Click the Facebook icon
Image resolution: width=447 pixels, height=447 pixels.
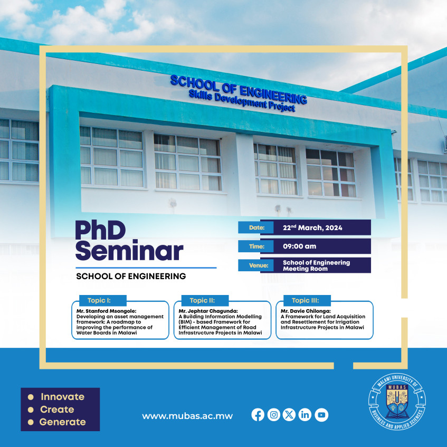point(258,415)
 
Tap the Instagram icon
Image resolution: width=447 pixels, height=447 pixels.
point(273,415)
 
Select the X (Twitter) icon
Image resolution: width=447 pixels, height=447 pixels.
point(289,415)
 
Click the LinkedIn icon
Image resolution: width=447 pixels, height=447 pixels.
point(305,415)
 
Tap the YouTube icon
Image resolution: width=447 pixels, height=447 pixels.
point(321,415)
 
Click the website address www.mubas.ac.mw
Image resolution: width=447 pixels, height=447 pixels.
point(187,415)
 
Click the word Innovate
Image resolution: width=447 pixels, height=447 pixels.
point(62,397)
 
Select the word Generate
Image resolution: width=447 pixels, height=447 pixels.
point(62,422)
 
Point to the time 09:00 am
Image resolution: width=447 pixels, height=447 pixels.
point(300,246)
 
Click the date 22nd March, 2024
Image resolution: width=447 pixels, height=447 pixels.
point(312,227)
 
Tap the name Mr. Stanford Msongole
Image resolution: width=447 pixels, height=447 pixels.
point(106,311)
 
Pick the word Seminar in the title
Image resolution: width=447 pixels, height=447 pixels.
point(129,252)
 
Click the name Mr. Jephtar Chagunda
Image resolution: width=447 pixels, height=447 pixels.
point(208,311)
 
